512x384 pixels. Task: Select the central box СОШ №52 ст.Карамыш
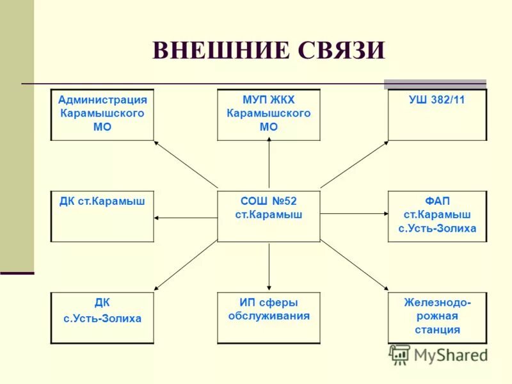[269, 216]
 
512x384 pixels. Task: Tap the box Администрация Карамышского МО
[102, 115]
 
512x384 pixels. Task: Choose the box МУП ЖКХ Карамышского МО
[269, 115]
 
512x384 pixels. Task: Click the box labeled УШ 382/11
[437, 115]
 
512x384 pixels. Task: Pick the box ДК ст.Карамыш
[102, 216]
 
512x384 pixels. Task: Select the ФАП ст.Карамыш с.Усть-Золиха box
[437, 216]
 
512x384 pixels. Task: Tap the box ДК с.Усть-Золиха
[102, 317]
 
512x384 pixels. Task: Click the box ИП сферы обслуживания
[269, 317]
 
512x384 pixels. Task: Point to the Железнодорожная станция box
[437, 317]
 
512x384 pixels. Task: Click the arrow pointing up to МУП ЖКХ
[269, 164]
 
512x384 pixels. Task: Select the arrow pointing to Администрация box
[186, 164]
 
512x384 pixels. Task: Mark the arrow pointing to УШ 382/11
[354, 164]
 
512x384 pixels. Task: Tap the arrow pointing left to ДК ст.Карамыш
[186, 218]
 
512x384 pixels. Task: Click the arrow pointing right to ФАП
[354, 213]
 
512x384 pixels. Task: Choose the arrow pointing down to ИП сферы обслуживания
[269, 266]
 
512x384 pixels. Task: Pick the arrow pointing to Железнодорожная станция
[354, 266]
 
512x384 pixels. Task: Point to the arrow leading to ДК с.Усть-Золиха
[186, 266]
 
